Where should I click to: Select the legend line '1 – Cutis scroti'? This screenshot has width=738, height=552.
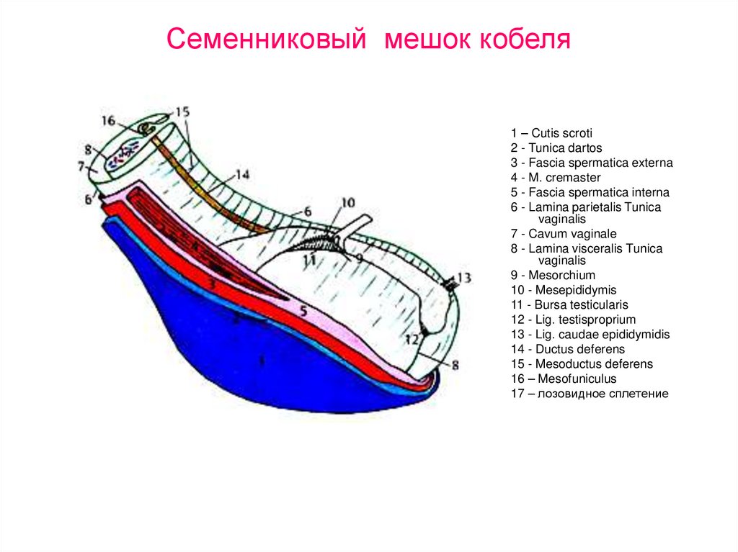click(x=551, y=133)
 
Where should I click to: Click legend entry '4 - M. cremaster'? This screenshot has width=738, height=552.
click(x=555, y=178)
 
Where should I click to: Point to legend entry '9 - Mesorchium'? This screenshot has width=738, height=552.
click(x=553, y=275)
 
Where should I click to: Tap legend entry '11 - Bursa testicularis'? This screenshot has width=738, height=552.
click(x=569, y=305)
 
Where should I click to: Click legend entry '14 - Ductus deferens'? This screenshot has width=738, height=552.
click(x=566, y=349)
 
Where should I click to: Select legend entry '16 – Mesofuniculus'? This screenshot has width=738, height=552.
click(x=564, y=379)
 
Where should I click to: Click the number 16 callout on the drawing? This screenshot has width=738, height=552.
click(x=108, y=121)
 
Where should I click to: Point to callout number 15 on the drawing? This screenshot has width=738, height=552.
click(x=182, y=112)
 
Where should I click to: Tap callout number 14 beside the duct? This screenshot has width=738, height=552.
click(x=241, y=174)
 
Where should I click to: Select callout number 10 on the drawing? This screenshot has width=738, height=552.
click(x=347, y=204)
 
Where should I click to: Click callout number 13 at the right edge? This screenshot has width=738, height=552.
click(x=463, y=277)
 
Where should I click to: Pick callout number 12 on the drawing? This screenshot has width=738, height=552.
click(x=412, y=339)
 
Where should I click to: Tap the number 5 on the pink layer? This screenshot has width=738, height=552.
click(x=303, y=312)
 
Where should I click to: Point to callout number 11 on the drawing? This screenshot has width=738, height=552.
click(x=309, y=258)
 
